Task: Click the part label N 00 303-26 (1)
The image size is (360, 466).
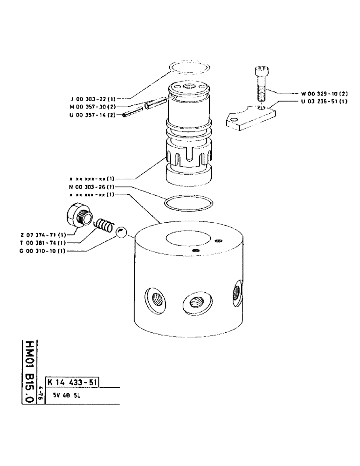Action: tap(91, 186)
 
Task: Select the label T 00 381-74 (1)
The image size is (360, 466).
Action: tap(43, 243)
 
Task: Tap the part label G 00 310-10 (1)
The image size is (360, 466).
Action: tap(43, 251)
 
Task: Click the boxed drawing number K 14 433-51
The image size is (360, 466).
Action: tap(72, 383)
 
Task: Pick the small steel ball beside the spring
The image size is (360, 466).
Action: tap(122, 233)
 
